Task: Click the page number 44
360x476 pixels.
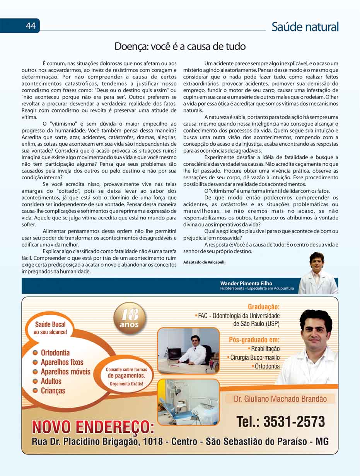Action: point(31,26)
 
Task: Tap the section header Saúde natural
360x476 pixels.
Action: point(305,27)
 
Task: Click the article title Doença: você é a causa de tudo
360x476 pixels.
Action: point(180,47)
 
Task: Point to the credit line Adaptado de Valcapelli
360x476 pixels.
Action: point(204,262)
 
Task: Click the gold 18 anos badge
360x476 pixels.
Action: point(129,319)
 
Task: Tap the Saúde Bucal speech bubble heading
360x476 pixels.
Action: point(50,328)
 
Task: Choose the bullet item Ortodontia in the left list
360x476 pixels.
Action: point(55,353)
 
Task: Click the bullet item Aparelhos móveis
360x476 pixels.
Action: point(65,372)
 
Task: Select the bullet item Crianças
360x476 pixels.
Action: point(53,391)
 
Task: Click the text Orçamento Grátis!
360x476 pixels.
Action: point(126,384)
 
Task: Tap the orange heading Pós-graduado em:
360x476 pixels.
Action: point(254,340)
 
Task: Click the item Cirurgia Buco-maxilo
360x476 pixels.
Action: point(255,357)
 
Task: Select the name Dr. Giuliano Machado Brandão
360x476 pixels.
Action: point(280,399)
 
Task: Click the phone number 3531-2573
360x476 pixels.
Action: point(294,422)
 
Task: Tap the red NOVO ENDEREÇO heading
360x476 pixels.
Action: point(93,427)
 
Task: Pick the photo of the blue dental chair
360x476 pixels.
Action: point(188,402)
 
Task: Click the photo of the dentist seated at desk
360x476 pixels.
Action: point(188,351)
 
